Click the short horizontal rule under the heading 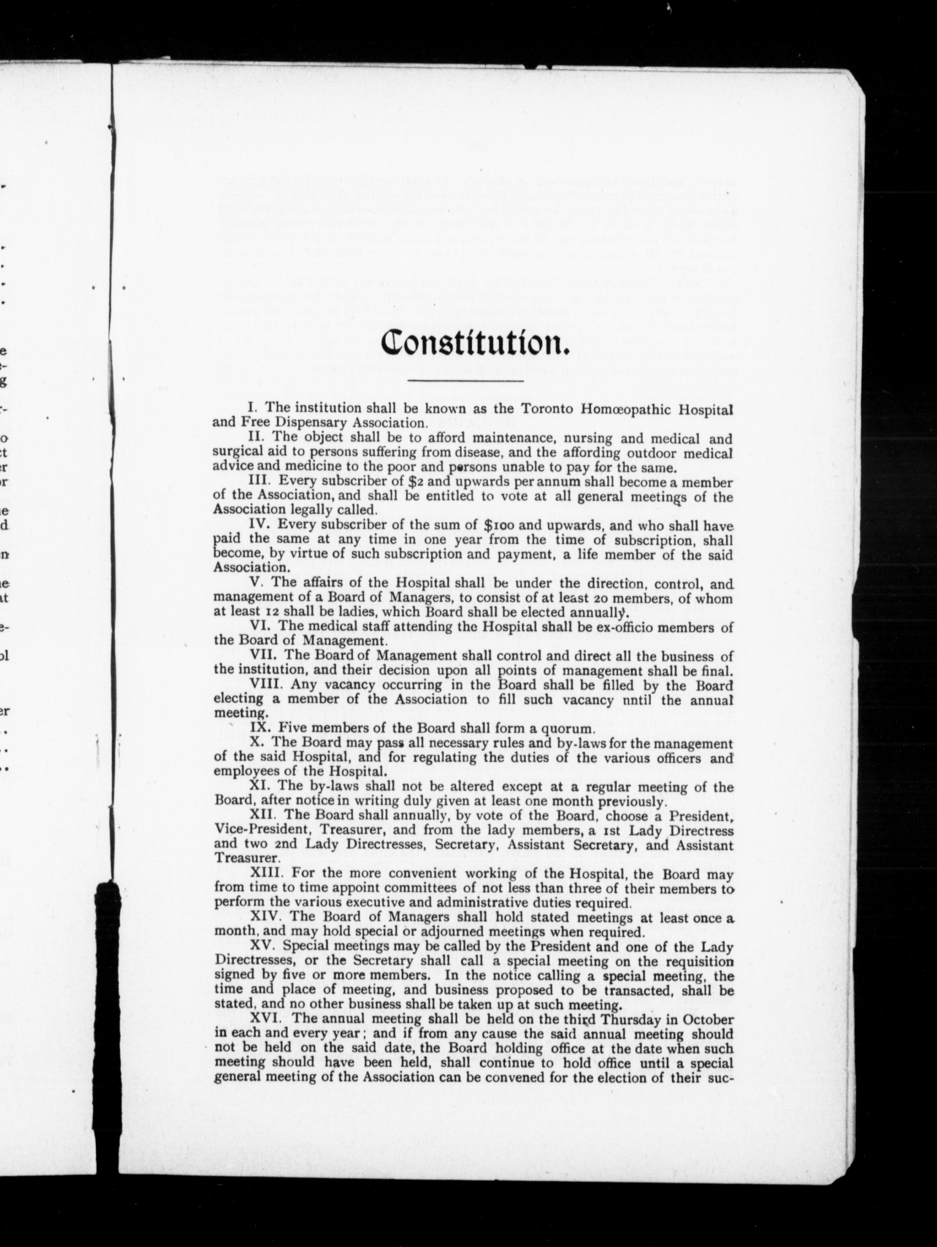click(x=466, y=382)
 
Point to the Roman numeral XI click(x=257, y=787)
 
